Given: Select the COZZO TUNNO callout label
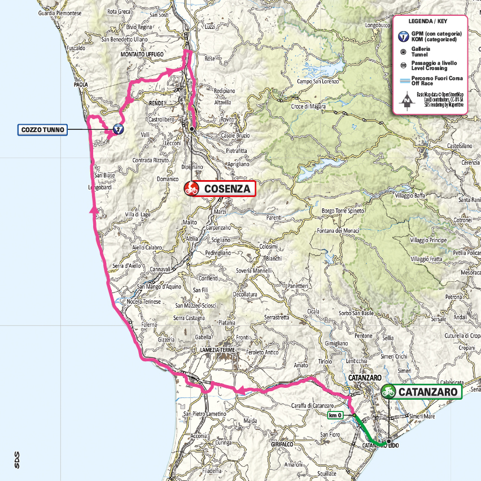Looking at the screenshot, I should tap(43, 130).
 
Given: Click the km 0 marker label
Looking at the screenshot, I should tap(335, 416).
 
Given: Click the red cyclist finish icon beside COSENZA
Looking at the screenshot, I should tap(191, 189).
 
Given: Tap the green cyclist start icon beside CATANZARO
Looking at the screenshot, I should tap(388, 391).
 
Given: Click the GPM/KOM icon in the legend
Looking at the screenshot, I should tap(404, 37).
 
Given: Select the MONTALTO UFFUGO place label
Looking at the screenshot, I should tap(142, 54).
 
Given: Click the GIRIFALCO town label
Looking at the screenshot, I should tap(283, 445).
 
